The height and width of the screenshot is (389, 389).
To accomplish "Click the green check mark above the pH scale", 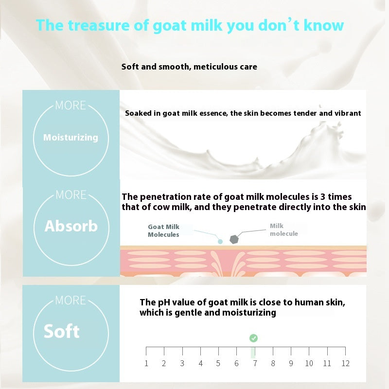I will click(253, 338).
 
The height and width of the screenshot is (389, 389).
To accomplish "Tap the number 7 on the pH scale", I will click(254, 363).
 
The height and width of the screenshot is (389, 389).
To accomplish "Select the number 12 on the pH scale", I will click(345, 363).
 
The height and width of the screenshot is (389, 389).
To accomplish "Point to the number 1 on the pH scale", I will click(146, 363).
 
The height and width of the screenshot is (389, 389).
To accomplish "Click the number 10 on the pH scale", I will click(309, 363).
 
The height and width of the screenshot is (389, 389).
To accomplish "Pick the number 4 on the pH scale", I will click(200, 363).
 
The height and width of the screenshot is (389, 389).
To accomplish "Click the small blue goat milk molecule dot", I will click(220, 241).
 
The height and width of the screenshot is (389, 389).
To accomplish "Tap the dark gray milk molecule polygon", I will click(233, 240).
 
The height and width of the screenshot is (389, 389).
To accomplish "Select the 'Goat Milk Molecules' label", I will click(163, 230).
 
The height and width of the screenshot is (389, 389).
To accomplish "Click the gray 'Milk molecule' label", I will click(284, 230).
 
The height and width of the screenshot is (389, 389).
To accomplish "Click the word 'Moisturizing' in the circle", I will click(71, 138).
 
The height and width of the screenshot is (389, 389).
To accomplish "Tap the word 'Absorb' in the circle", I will click(71, 226).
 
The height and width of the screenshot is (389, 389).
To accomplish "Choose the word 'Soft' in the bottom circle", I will click(61, 332).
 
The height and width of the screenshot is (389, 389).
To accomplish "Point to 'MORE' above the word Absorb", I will click(71, 195).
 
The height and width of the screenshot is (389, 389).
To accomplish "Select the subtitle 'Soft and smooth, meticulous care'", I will click(189, 66).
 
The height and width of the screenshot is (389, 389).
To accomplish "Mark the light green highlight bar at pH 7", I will click(253, 353).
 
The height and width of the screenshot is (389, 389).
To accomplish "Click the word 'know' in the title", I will click(324, 25).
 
